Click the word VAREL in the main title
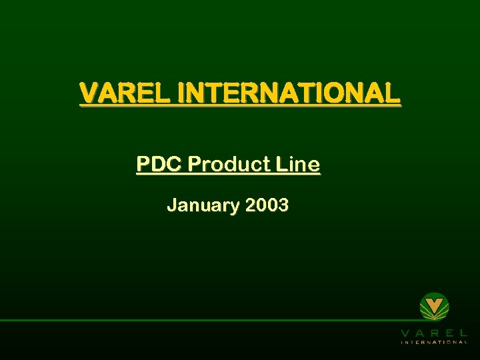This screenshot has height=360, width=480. pyautogui.click(x=125, y=93)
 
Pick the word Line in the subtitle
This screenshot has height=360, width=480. pyautogui.click(x=300, y=164)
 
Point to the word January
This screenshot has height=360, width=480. pyautogui.click(x=203, y=205)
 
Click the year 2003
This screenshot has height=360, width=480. pyautogui.click(x=267, y=205)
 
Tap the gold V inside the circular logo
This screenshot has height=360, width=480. pyautogui.click(x=434, y=307)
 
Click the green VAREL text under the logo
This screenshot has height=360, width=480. pyautogui.click(x=434, y=332)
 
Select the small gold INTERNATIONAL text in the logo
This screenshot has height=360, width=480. pyautogui.click(x=434, y=342)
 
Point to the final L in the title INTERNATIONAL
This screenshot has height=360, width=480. pyautogui.click(x=393, y=93)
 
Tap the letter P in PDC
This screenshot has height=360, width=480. pyautogui.click(x=143, y=164)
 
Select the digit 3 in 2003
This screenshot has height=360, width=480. pyautogui.click(x=283, y=205)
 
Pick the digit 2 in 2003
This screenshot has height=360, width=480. pyautogui.click(x=251, y=205)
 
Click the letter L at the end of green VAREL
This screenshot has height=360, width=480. pyautogui.click(x=463, y=332)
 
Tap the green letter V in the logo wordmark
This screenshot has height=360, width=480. pyautogui.click(x=405, y=332)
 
